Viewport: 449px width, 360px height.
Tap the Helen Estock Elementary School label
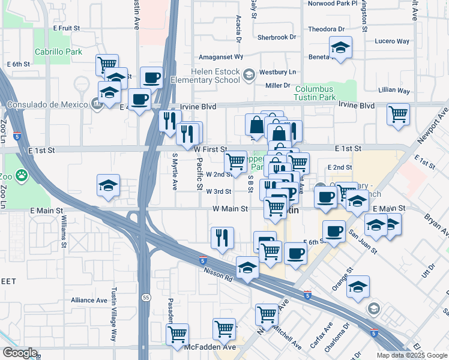[195, 76]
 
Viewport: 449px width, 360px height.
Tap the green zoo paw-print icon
[22, 176]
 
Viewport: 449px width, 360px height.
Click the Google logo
[19, 353]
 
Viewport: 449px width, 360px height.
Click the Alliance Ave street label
[88, 300]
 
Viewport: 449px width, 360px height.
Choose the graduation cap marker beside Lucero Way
[340, 47]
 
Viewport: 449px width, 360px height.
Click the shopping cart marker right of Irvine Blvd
[399, 113]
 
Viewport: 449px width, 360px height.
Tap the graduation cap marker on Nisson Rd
[247, 267]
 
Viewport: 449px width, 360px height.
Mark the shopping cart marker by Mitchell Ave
[267, 314]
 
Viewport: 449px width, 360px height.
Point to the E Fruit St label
[66, 28]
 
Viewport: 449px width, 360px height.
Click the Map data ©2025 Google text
[411, 355]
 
